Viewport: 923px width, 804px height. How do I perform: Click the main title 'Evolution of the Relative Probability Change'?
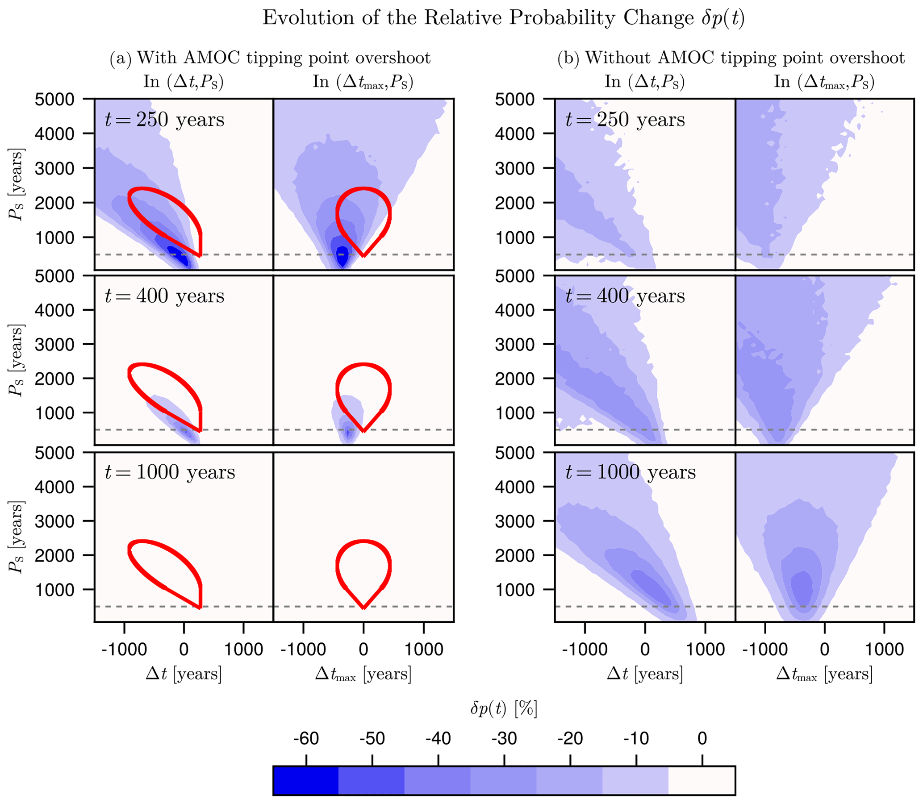tap(503, 18)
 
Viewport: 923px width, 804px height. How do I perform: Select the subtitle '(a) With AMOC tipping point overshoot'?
tap(270, 58)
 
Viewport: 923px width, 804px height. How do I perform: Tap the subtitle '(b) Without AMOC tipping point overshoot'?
tap(731, 58)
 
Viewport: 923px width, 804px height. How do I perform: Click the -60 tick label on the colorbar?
tap(306, 738)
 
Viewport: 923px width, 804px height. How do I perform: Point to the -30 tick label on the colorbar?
tap(504, 738)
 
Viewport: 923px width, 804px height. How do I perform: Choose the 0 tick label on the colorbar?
tap(702, 738)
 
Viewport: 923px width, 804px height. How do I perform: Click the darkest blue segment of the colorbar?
tap(305, 780)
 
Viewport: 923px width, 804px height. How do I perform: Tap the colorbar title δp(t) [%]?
tap(503, 709)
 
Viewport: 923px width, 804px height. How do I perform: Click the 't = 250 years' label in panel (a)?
tap(164, 120)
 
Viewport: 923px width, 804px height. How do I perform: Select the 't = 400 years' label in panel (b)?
tap(625, 296)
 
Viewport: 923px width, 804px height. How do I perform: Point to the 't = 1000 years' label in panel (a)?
tap(170, 472)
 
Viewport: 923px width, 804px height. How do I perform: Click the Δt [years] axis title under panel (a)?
tap(184, 674)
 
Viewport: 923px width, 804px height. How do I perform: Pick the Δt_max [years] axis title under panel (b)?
tap(824, 674)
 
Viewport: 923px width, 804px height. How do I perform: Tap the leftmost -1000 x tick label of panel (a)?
tap(124, 649)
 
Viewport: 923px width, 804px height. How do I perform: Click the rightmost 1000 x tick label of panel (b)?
tap(884, 649)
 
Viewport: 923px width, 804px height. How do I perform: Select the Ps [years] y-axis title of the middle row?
tap(16, 361)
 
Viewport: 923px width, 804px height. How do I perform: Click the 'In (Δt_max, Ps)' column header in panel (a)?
tap(363, 82)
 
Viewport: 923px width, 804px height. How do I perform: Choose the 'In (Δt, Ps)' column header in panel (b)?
tap(644, 82)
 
